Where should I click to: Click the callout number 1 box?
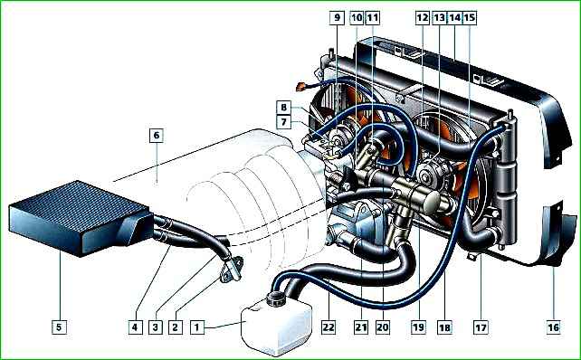coord(197,327)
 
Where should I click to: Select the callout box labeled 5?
coord(60,327)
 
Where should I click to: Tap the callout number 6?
coord(157,136)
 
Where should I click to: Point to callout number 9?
coord(337,17)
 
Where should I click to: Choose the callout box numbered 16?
coord(553,327)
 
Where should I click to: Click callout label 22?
coord(329,327)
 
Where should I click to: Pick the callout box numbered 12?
coord(422,17)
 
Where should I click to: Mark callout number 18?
coord(444,327)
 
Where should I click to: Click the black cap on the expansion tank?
coord(275,298)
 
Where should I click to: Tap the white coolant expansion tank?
coord(276,326)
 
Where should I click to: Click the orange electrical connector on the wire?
coord(300,88)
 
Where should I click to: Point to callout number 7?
coord(284,121)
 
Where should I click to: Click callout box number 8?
coord(284,108)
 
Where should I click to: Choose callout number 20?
coord(383,327)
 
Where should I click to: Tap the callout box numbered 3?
coord(156,327)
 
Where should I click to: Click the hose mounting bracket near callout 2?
coord(232,270)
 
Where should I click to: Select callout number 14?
coord(454,17)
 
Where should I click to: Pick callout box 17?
coord(481,327)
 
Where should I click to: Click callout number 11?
coord(372,17)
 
